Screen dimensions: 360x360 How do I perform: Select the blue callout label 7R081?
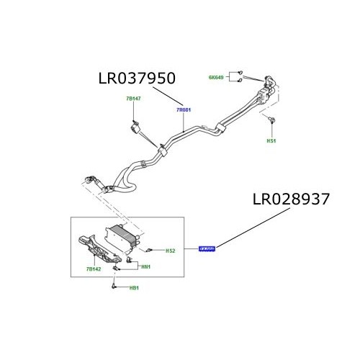pyautogui.click(x=184, y=111)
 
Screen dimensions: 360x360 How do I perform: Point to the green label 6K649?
pyautogui.click(x=217, y=76)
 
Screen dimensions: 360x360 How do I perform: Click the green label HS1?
pyautogui.click(x=271, y=142)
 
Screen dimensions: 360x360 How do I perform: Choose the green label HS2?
pyautogui.click(x=171, y=251)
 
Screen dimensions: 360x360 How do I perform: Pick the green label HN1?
pyautogui.click(x=145, y=267)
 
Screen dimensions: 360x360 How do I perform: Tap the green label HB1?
pyautogui.click(x=134, y=289)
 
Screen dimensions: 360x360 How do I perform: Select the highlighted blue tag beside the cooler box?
pyautogui.click(x=207, y=249)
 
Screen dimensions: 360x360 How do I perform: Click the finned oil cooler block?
pyautogui.click(x=123, y=237)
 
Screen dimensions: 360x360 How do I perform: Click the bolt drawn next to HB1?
pyautogui.click(x=114, y=287)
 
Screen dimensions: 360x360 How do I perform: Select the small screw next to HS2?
pyautogui.click(x=150, y=250)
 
